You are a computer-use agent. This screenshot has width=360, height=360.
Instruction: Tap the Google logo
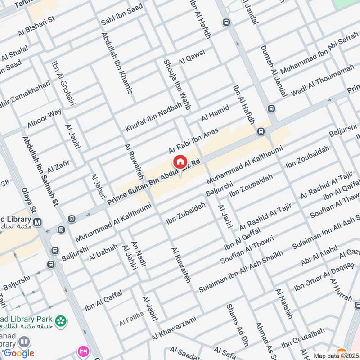click(18, 353)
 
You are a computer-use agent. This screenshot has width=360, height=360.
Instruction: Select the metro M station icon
click(38, 222)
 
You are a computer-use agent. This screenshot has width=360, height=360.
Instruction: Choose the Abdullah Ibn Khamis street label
click(117, 63)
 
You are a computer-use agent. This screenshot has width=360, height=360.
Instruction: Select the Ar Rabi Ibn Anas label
click(193, 140)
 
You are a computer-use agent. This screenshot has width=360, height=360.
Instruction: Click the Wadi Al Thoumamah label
click(323, 81)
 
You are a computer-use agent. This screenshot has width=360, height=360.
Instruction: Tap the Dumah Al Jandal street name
click(274, 72)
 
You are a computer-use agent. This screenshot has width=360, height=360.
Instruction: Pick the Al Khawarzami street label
click(174, 328)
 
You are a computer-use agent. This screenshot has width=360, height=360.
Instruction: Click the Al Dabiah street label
click(103, 252)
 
